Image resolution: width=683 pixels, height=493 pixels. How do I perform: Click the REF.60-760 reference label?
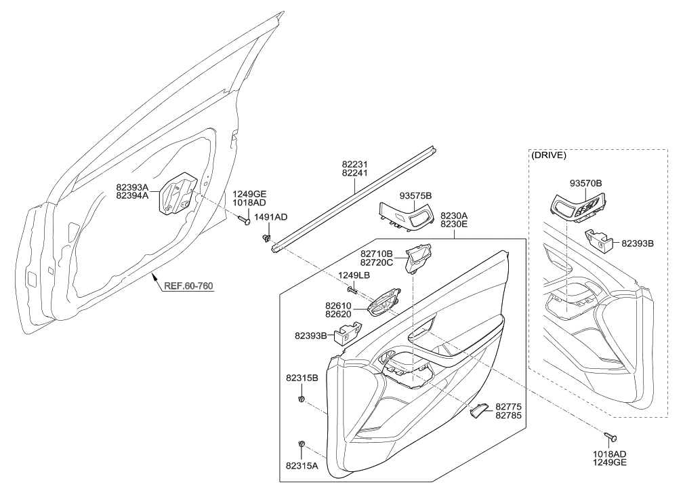pyautogui.click(x=188, y=285)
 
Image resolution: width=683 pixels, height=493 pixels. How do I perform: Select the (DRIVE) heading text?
pyautogui.click(x=549, y=155)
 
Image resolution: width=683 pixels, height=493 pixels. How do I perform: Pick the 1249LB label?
pyautogui.click(x=354, y=275)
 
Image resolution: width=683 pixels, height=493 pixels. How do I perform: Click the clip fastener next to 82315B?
pyautogui.click(x=301, y=398)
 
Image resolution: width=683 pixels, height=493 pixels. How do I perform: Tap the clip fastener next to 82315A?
pyautogui.click(x=301, y=445)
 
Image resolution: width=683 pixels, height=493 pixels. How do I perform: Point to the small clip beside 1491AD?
pyautogui.click(x=267, y=238)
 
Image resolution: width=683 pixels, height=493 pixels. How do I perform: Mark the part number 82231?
pyautogui.click(x=354, y=163)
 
